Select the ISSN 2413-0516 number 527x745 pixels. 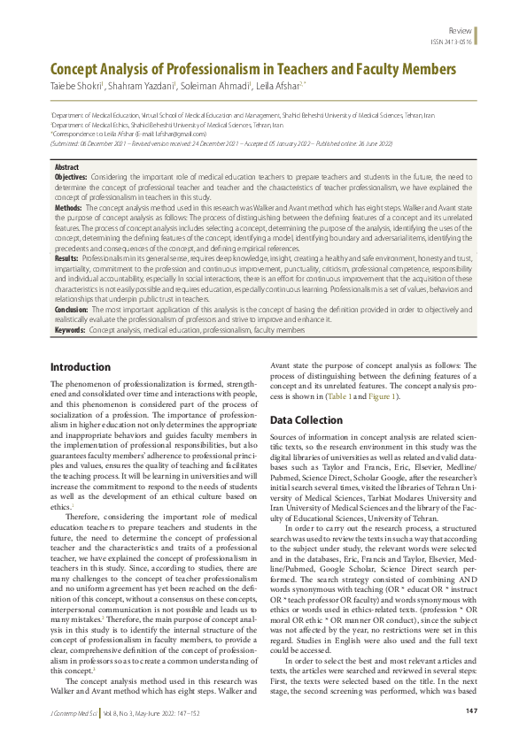tap(453, 41)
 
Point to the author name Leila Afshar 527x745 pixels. tap(277, 86)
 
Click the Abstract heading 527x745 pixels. tap(66, 166)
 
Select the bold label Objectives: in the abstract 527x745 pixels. tap(71, 177)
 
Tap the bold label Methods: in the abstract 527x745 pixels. tap(68, 206)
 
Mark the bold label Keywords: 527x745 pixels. tap(70, 329)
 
